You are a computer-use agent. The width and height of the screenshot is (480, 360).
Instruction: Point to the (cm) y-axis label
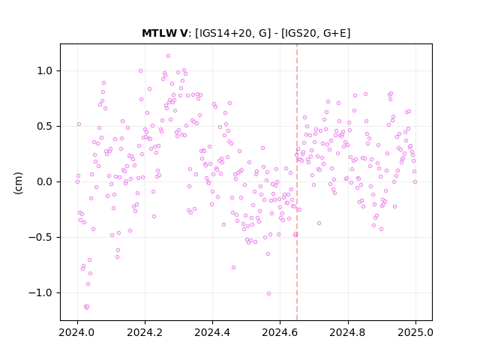[18, 183]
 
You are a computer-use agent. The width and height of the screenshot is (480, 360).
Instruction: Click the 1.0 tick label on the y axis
[45, 71]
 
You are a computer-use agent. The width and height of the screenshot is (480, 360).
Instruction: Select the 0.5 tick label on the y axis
[45, 127]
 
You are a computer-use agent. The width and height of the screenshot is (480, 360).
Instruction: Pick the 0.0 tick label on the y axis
[45, 181]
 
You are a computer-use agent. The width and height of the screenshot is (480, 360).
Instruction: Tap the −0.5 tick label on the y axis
[40, 238]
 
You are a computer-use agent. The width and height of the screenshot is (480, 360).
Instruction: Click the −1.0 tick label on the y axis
[40, 293]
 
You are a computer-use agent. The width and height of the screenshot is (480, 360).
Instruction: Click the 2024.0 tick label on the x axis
[77, 332]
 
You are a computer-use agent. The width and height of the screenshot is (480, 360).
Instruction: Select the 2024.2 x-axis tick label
[145, 332]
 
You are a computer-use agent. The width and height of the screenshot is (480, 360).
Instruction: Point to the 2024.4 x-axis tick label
[212, 332]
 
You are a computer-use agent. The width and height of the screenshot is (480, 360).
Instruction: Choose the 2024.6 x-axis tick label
[280, 332]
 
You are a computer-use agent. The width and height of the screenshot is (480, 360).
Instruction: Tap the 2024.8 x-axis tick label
[348, 332]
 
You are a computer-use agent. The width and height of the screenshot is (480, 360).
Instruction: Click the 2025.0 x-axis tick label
[415, 332]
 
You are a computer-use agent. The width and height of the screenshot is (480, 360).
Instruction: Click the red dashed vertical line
[297, 182]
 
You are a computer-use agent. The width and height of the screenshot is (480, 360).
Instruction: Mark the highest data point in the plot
[168, 56]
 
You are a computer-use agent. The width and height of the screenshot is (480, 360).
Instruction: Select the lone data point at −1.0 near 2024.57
[268, 293]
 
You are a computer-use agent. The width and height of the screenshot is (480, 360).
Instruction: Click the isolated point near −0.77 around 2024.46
[233, 267]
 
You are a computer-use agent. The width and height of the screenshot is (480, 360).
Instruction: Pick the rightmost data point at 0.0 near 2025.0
[415, 181]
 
